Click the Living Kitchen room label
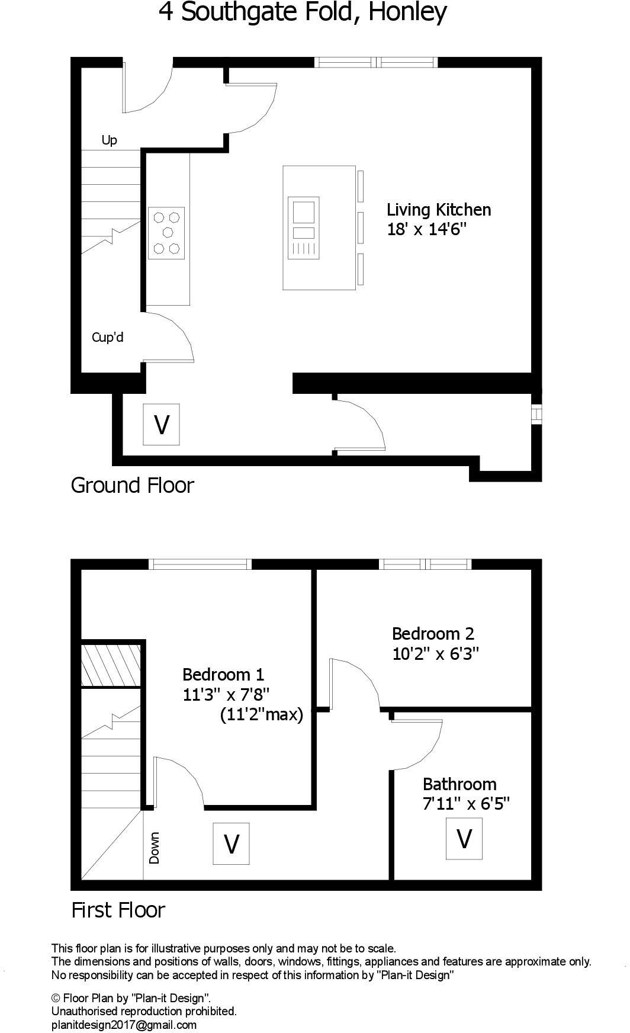point(439,210)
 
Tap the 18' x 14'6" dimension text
point(427,229)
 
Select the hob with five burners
point(166,233)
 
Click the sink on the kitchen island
point(303,211)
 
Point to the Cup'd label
point(107,338)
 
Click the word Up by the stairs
point(110,140)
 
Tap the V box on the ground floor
point(161,424)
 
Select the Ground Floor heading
point(132,485)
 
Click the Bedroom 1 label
point(223,675)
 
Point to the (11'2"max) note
point(261,715)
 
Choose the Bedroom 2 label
point(433,634)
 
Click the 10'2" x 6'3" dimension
point(435,654)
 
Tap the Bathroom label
point(459,784)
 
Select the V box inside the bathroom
point(464,839)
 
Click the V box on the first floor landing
point(231,843)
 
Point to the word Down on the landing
point(155,848)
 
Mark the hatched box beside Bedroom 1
point(111,664)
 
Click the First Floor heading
point(118,910)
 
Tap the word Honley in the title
point(407,12)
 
